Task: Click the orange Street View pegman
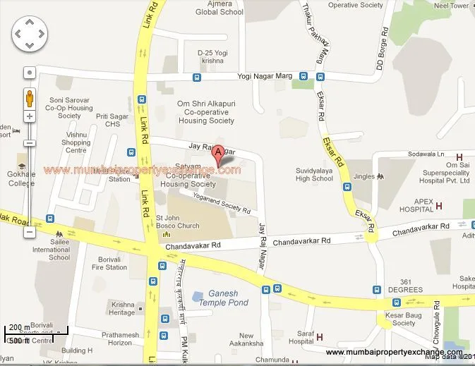click(x=30, y=97)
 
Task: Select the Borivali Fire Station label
click(x=109, y=264)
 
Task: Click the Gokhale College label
click(x=22, y=179)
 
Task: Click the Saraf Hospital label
click(x=301, y=336)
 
